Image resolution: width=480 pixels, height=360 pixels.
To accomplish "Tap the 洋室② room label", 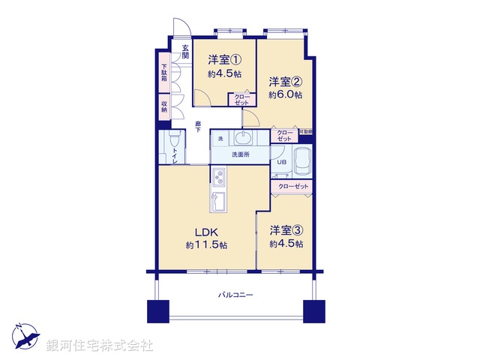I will point(286,81).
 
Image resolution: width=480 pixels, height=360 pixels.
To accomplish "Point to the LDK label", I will point(207,232).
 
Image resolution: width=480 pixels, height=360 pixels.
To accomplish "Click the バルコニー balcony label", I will point(235,295).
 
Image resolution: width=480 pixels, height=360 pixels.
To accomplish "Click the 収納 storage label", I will point(163,106).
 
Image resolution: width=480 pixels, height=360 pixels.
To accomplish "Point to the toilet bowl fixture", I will point(173,142).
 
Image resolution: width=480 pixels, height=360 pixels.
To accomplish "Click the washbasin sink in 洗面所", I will point(244,138).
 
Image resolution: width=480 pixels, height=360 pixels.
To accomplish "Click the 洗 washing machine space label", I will point(220,139).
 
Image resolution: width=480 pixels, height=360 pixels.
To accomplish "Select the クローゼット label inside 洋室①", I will point(241,100).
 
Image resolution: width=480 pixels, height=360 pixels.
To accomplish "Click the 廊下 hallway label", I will point(198,127).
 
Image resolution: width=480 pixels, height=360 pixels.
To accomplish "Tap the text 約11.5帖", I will point(207,245).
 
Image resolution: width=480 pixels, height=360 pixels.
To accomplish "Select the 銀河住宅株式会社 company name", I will point(99,346).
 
